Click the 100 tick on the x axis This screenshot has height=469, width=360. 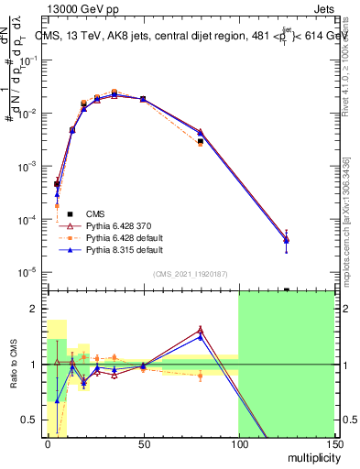point(238,445)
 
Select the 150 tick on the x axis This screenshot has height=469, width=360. point(333,445)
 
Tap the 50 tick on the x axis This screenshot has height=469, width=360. point(143,445)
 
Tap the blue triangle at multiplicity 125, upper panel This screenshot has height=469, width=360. point(287,240)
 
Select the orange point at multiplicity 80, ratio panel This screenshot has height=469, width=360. point(201,375)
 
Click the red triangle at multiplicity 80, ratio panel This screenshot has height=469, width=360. point(201,330)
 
